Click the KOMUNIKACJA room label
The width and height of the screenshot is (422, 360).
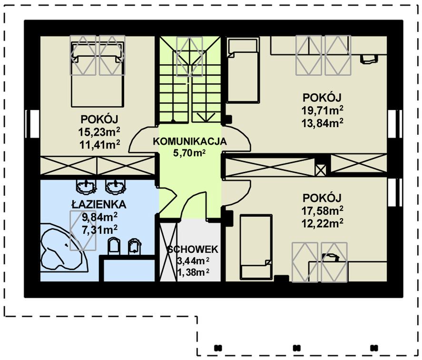point(190,141)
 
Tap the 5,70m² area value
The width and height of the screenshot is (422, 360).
point(189,153)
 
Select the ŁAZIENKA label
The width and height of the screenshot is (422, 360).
point(99,204)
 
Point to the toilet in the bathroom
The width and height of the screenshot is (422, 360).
point(114,246)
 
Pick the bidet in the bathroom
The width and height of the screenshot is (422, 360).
point(134,246)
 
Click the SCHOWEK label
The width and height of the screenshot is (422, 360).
point(193,250)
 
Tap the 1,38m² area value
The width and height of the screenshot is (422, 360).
point(193,272)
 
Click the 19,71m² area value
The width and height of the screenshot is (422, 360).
point(323,110)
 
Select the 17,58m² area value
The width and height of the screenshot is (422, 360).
point(323,211)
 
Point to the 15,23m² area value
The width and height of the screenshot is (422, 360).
point(99,132)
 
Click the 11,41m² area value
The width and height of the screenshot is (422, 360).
point(99,145)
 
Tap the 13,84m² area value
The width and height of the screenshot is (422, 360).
point(323,123)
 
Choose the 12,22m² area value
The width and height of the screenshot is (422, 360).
point(323,223)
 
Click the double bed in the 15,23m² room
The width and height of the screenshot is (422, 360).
point(98,74)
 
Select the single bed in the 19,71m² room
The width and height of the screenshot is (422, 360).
point(243,70)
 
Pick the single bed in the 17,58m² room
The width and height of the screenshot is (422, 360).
point(255,247)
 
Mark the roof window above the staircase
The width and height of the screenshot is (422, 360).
point(189,57)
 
